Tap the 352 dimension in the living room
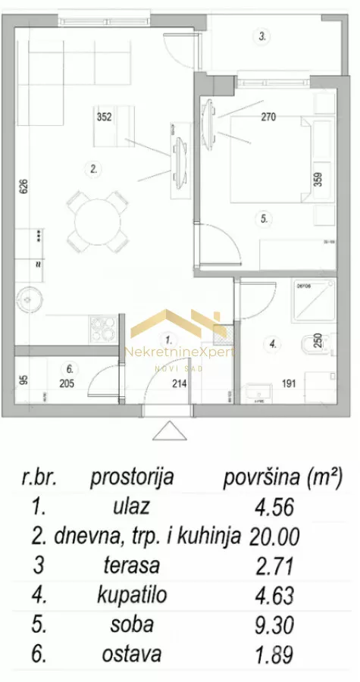click(x=105, y=117)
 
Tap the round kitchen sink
click(x=33, y=297)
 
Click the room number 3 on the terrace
click(x=263, y=36)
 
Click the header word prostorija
click(x=132, y=478)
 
